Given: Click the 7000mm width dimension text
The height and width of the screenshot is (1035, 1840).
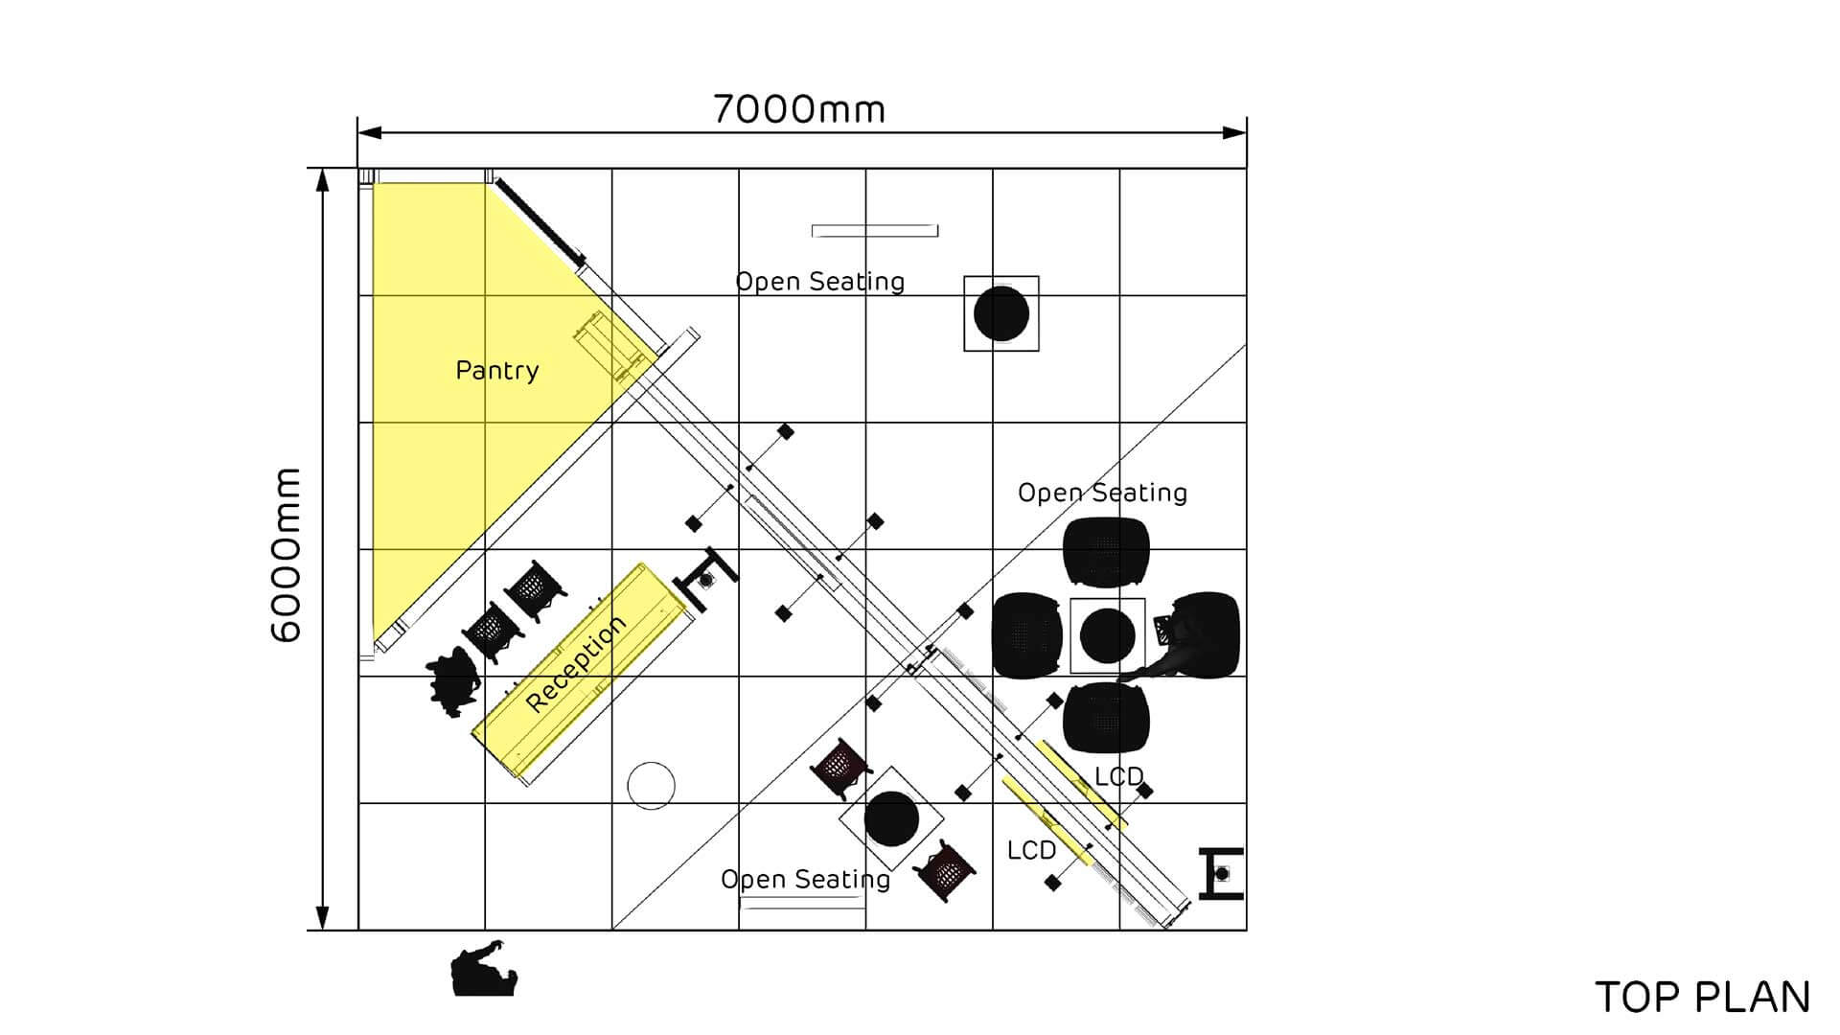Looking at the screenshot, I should [799, 109].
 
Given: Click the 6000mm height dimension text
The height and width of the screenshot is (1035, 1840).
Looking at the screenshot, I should [287, 555].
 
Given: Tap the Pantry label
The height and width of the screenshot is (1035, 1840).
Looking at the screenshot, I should [496, 370].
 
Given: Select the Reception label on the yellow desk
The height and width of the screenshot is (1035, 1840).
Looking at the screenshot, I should [576, 663].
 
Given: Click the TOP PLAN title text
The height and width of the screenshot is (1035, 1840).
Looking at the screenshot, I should [1702, 998].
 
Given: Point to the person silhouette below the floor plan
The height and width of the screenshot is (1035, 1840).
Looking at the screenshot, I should [484, 970].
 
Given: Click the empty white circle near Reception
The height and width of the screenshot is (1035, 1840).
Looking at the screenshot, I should [651, 786].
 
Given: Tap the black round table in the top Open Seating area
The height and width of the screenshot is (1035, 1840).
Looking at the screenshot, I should [1001, 313].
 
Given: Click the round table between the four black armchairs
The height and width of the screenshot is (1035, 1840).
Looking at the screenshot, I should [1108, 635].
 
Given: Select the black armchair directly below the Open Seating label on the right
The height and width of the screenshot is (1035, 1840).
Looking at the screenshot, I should [1106, 551].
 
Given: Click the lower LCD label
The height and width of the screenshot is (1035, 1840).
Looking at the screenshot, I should [1031, 850].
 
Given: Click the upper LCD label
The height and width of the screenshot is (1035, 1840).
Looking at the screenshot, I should [1118, 776].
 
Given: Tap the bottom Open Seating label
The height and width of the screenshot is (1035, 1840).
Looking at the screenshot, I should [805, 880].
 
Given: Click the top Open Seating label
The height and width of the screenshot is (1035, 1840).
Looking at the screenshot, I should [819, 282].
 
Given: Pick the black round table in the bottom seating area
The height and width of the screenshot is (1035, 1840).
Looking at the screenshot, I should [891, 818].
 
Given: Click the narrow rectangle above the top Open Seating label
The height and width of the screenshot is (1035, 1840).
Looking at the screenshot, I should [874, 231].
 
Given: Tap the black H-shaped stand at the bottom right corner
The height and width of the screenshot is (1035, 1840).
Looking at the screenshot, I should [1221, 874].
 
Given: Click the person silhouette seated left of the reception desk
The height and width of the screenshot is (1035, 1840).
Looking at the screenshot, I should [452, 679].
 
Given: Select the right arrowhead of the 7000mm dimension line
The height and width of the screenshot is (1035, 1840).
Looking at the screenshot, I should [1235, 132].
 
